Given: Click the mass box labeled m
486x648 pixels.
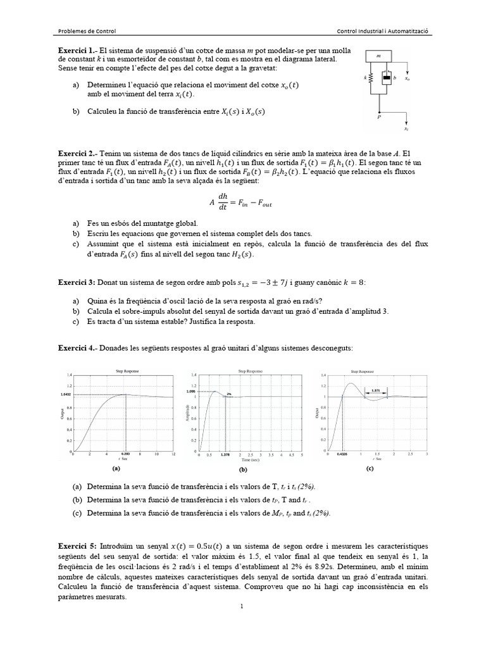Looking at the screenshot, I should click(x=378, y=56).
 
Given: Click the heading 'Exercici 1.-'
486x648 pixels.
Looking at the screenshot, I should click(x=77, y=50).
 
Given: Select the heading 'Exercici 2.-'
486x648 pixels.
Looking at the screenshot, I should click(x=77, y=153).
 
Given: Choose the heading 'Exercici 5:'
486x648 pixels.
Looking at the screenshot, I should click(x=76, y=545).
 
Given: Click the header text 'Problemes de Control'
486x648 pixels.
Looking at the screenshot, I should click(x=87, y=31).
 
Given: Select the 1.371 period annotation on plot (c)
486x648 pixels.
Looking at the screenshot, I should click(x=376, y=390).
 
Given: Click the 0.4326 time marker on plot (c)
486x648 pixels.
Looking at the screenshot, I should click(x=342, y=454).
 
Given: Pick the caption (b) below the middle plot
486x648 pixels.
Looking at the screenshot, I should click(x=242, y=471).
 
